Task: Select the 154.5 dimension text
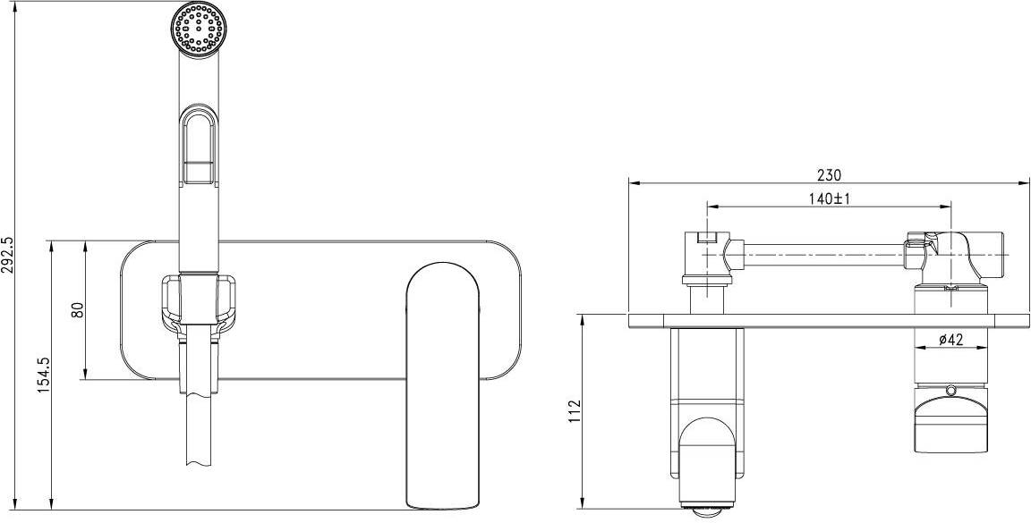tap(43, 375)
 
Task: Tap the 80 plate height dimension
tap(78, 310)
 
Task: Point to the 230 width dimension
tap(829, 175)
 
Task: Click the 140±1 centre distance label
tap(830, 199)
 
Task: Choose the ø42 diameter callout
tap(950, 340)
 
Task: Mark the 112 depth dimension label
tap(575, 412)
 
